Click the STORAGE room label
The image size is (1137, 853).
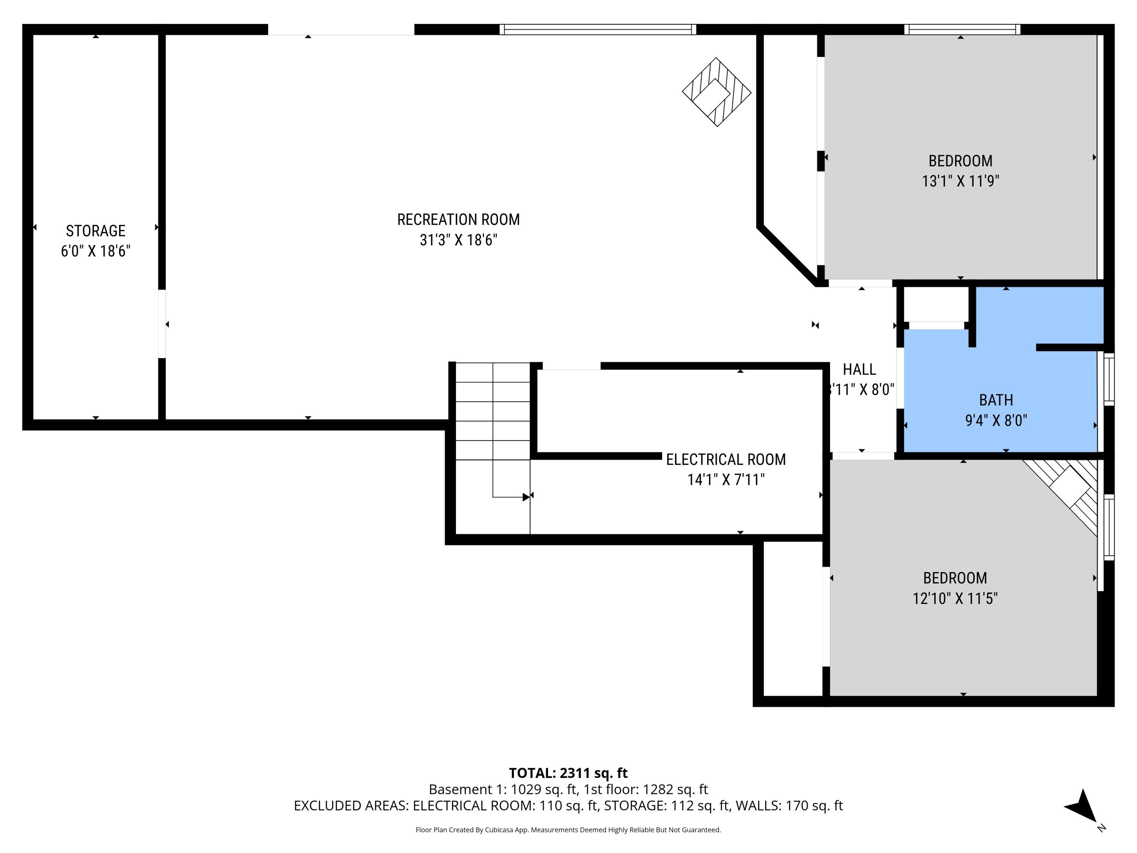coord(96,230)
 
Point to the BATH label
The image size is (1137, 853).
coord(996,400)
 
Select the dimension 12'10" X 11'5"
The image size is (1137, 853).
coord(955,599)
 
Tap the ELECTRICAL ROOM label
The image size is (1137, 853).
coord(725,459)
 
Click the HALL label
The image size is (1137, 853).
coord(860,369)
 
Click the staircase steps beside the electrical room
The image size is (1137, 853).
coord(492,422)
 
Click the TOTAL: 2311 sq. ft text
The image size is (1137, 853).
coord(568,773)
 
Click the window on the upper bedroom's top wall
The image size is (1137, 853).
coord(962,29)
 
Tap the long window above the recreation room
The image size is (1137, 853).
coord(597,29)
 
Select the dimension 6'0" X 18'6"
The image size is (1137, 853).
coord(96,251)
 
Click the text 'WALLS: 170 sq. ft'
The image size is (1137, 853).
coord(789,806)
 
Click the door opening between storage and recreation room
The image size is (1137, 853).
coord(161,324)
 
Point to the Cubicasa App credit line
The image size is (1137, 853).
coord(568,829)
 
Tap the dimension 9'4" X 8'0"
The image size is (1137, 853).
coord(996,420)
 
